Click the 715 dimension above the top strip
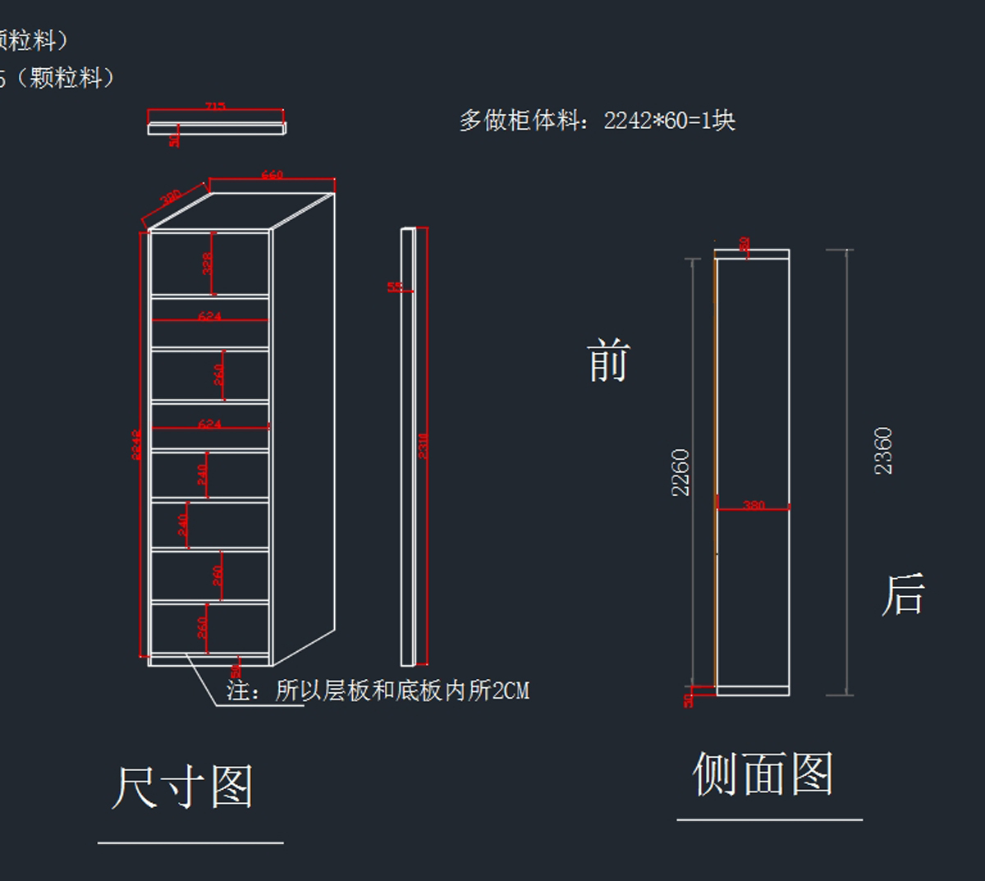[x=215, y=107]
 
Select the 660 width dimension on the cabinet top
[x=272, y=175]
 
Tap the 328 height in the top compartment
[x=208, y=263]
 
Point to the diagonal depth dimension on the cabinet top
[x=170, y=199]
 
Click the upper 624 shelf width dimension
[x=209, y=316]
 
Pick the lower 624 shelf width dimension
[x=209, y=424]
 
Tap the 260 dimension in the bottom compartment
[x=202, y=628]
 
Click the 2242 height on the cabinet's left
[x=137, y=444]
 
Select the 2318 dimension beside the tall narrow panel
[x=424, y=446]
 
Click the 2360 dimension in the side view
[x=883, y=451]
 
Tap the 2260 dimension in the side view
[x=680, y=472]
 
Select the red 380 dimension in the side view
[x=754, y=505]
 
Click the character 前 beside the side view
[x=608, y=361]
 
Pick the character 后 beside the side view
[x=903, y=594]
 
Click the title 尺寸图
[x=182, y=787]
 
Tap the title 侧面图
[x=763, y=773]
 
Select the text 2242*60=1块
[x=669, y=121]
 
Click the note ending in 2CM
[x=378, y=691]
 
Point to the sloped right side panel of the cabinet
[x=304, y=427]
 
